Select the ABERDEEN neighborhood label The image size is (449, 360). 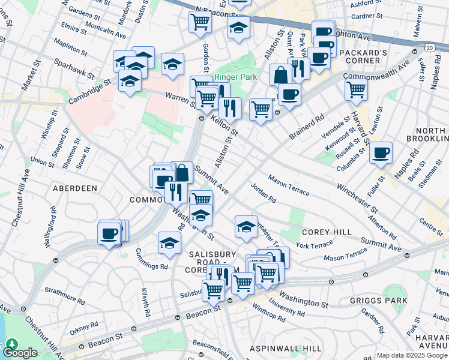pyautogui.click(x=75, y=188)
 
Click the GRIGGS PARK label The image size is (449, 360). pyautogui.click(x=380, y=300)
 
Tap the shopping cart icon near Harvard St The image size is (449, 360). pyautogui.click(x=357, y=90)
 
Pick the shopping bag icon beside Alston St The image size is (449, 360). pyautogui.click(x=280, y=75)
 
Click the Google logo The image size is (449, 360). pyautogui.click(x=20, y=352)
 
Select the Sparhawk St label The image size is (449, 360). pyautogui.click(x=74, y=67)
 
